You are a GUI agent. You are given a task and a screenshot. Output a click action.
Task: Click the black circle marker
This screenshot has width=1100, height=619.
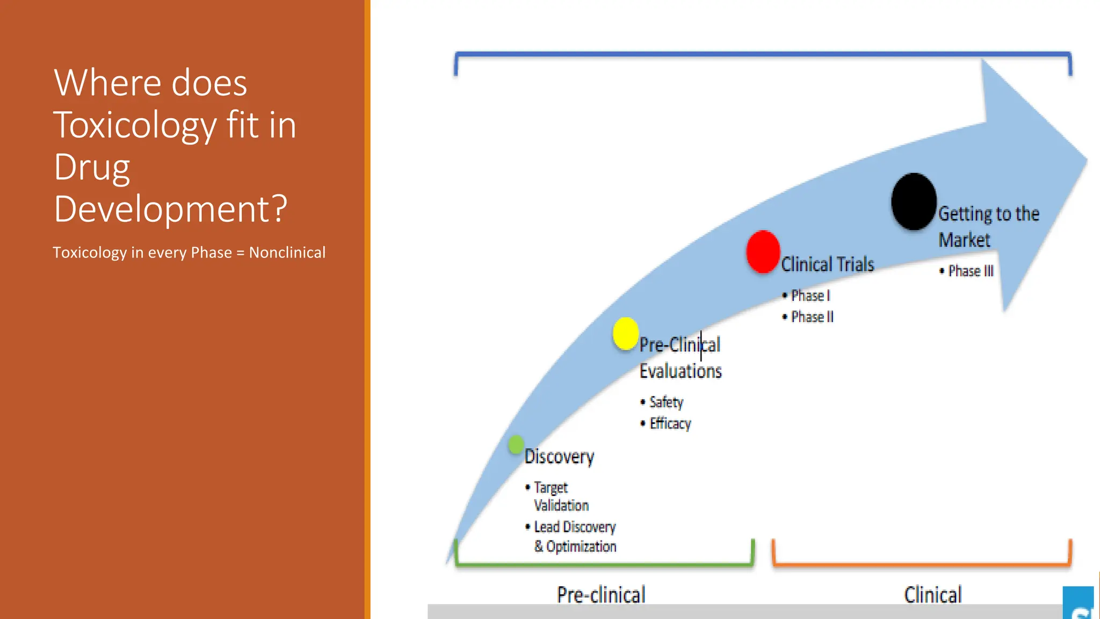(x=914, y=201)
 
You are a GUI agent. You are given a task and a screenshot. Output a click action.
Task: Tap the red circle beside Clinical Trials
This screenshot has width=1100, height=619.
(x=763, y=251)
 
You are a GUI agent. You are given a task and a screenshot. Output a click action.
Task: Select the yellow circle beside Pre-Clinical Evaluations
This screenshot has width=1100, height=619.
(x=625, y=334)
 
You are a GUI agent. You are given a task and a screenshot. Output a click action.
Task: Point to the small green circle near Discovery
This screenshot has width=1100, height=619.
(x=516, y=444)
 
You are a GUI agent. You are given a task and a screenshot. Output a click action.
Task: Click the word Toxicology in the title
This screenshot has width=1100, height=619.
(x=135, y=125)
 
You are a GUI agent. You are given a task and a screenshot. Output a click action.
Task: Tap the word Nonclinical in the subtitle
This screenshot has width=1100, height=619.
(x=287, y=253)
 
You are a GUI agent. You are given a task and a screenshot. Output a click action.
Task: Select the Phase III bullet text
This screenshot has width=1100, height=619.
(x=970, y=271)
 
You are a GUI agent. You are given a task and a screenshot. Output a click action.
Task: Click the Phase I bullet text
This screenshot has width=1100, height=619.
(x=810, y=296)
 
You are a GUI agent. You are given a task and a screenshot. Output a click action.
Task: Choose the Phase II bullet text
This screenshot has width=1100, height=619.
(x=812, y=317)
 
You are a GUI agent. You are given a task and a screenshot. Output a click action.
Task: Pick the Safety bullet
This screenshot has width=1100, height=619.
(x=665, y=402)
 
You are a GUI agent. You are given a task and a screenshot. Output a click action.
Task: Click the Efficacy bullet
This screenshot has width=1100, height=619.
(x=670, y=423)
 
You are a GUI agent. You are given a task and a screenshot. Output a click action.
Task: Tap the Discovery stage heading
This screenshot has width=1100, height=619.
(x=559, y=457)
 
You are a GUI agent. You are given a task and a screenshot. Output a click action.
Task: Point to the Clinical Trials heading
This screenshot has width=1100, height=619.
(x=827, y=264)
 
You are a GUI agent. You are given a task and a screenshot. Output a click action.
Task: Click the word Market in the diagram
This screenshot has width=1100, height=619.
(x=964, y=240)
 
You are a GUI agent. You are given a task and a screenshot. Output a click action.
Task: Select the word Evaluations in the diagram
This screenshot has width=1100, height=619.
(x=680, y=371)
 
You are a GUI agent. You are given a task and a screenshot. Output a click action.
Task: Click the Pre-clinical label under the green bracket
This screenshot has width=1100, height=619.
(x=600, y=595)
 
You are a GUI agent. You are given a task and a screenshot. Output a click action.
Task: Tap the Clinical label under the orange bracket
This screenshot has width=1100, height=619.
(x=932, y=595)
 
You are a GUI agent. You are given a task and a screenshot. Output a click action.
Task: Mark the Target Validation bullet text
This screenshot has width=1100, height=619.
(x=560, y=496)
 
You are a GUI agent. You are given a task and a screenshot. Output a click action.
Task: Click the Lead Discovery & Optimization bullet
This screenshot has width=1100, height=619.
(x=575, y=537)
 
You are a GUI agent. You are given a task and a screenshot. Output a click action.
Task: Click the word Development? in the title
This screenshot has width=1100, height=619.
(x=171, y=208)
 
